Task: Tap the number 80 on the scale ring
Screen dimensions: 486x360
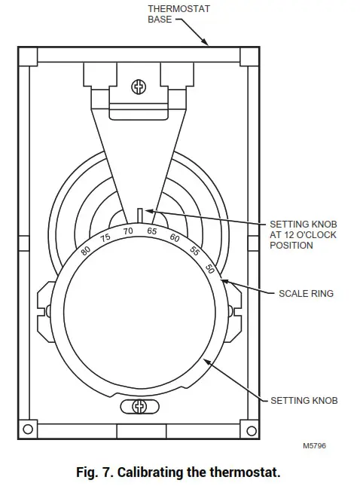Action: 86,250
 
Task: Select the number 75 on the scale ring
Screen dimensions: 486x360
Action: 105,237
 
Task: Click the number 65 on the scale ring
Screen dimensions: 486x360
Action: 151,231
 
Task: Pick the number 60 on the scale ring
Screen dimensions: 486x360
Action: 175,238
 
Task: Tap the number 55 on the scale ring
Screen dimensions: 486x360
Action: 194,251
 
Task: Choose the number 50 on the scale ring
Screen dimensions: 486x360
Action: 209,269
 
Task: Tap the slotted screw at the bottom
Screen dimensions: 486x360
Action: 139,407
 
